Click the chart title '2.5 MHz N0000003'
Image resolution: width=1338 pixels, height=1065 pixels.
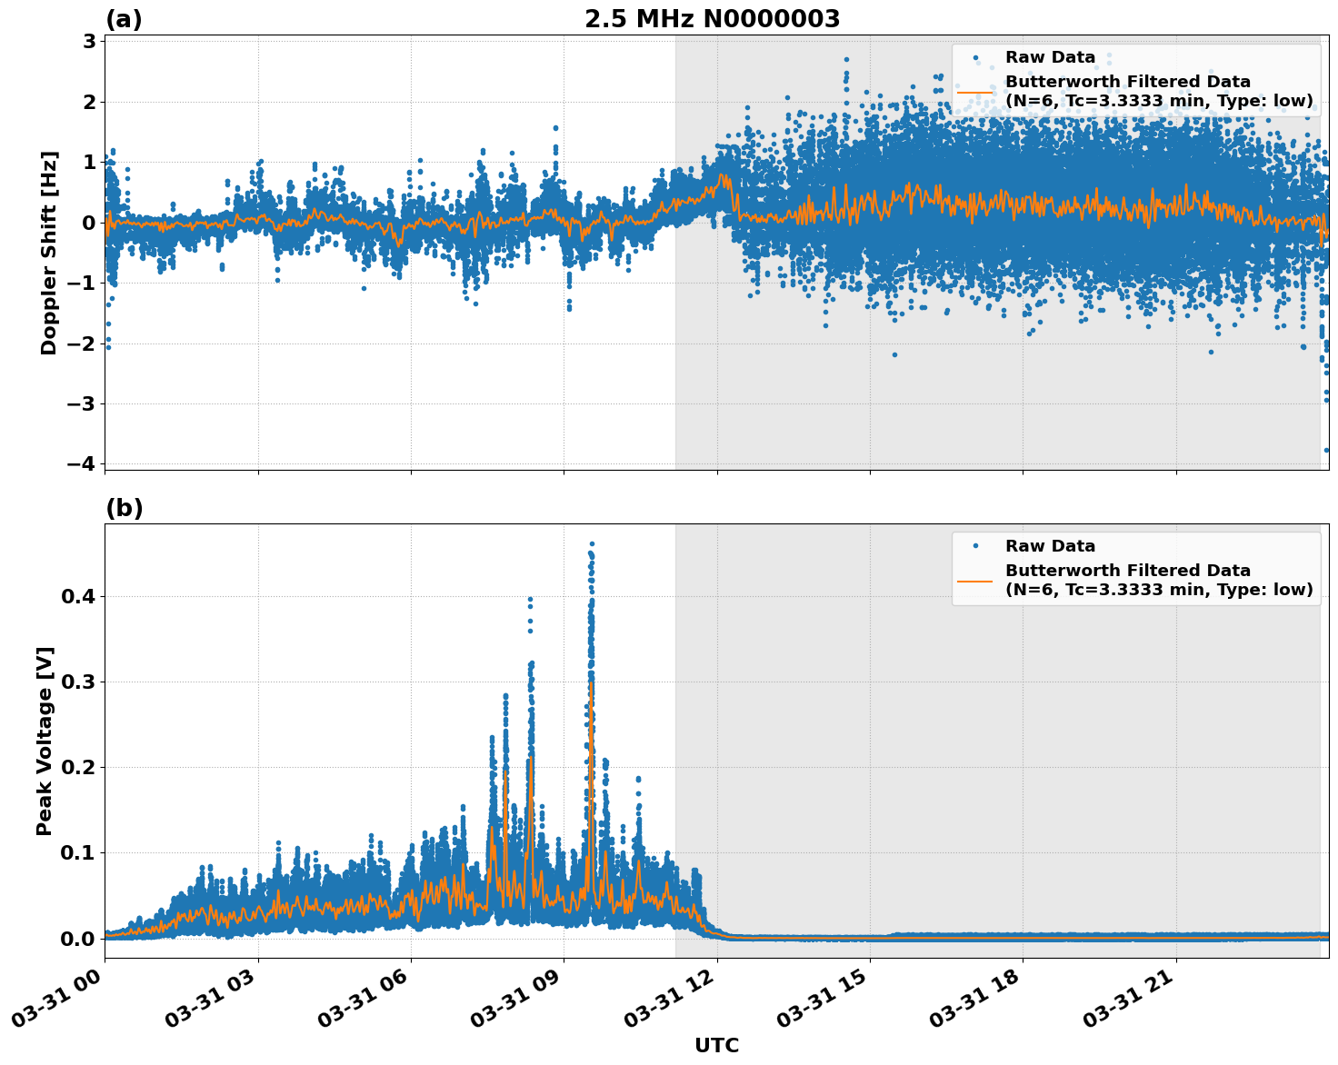tap(712, 19)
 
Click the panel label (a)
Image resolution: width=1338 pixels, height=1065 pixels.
tap(124, 19)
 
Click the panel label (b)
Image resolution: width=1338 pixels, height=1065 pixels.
tap(124, 508)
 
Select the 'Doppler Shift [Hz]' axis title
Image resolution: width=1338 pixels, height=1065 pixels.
tap(49, 253)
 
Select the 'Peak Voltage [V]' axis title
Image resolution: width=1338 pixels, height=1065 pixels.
tap(45, 741)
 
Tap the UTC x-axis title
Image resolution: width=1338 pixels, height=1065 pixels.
tap(716, 1045)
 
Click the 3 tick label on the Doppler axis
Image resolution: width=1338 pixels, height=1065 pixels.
tap(89, 41)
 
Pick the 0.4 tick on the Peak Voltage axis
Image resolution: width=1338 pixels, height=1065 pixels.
tap(77, 597)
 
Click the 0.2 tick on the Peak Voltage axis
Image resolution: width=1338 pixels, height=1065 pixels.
tap(77, 768)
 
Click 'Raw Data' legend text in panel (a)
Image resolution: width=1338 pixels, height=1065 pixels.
tap(1050, 57)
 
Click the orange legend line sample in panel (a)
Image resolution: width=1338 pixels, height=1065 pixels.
tap(974, 92)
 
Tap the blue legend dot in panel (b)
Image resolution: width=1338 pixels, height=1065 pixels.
tap(975, 546)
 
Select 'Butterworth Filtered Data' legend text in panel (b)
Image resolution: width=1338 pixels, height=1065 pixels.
tap(1127, 571)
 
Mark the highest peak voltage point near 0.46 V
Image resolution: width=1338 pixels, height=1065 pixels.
tap(592, 544)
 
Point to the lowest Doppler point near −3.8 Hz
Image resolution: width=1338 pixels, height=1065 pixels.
tap(1326, 450)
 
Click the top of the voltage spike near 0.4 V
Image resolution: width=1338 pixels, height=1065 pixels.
tap(530, 600)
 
